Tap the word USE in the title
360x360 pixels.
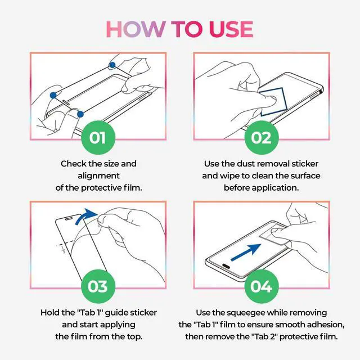click(x=231, y=29)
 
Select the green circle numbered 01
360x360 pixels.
click(x=98, y=137)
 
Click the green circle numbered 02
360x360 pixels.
click(x=261, y=137)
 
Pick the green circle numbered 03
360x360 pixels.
click(x=98, y=286)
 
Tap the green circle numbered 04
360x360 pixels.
click(x=261, y=286)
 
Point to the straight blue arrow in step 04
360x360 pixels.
click(x=246, y=252)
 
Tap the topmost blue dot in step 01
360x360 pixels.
click(x=112, y=65)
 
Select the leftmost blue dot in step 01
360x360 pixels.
click(x=53, y=95)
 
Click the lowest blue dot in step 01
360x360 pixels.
click(x=80, y=114)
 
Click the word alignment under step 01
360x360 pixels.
click(x=99, y=176)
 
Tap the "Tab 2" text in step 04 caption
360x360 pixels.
click(x=264, y=336)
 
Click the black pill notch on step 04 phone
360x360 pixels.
click(x=226, y=266)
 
